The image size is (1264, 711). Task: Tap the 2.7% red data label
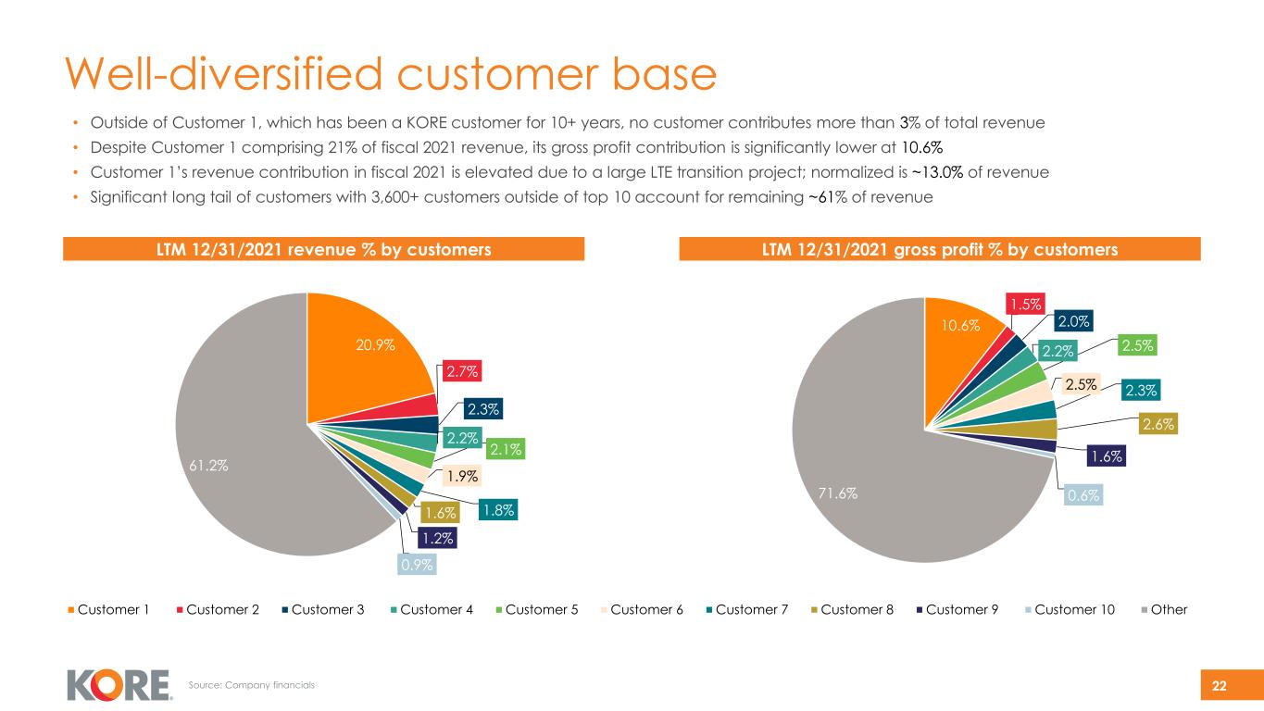[461, 372]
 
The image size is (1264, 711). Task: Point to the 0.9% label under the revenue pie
[416, 564]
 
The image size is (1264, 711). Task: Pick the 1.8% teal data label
[497, 511]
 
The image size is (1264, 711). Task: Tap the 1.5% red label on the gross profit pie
[1025, 304]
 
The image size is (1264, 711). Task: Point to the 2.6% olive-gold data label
[1158, 425]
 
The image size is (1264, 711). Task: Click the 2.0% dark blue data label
[1071, 322]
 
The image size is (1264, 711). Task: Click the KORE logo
[119, 684]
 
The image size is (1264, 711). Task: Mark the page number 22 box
[1219, 686]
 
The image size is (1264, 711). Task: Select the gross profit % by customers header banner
[939, 249]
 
